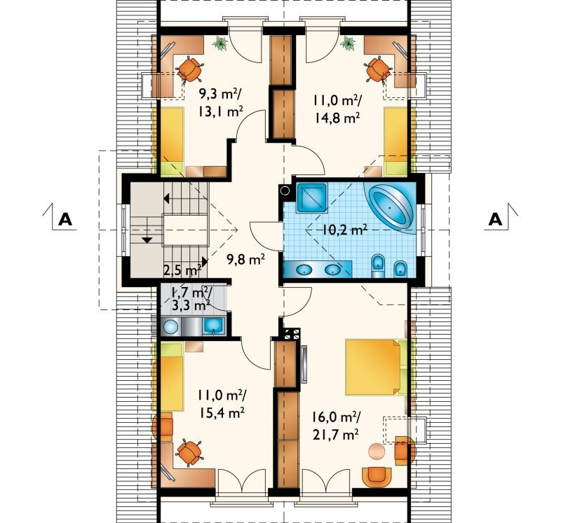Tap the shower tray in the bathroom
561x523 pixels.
coord(311,197)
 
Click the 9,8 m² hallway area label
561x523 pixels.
coord(245,258)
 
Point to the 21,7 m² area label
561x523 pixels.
coord(336,434)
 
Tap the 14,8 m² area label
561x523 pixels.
coord(337,118)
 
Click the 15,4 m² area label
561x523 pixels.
coord(222,413)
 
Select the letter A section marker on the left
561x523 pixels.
coord(65,219)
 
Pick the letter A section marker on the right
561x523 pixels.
coord(495,219)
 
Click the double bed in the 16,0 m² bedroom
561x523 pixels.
coord(377,368)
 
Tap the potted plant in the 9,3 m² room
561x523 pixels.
coord(219,43)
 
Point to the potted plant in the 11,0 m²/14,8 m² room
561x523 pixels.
coord(348,43)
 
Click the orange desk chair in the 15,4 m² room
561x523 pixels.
coord(189,452)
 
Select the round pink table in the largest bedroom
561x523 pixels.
coord(377,450)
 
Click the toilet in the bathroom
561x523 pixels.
coord(377,266)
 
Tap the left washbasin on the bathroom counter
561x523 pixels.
coord(304,270)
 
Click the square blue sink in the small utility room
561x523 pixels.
coord(214,326)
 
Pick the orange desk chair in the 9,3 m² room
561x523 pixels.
coord(189,69)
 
